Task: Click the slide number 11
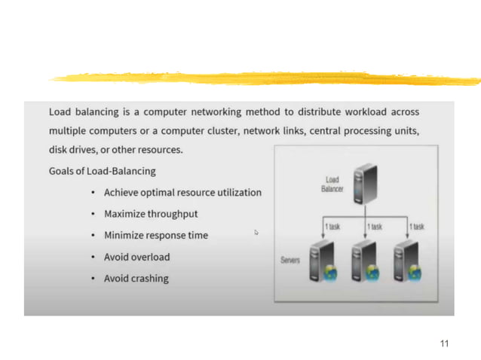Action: [444, 343]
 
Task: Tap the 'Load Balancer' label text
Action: [332, 185]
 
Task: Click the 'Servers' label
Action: [291, 260]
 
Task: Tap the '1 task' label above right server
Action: [416, 226]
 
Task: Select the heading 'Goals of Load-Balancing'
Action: [102, 171]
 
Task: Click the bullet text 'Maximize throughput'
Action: [151, 214]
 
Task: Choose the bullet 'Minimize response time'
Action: [156, 235]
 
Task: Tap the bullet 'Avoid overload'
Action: [137, 257]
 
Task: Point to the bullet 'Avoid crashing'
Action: [136, 279]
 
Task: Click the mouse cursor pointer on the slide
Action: [256, 233]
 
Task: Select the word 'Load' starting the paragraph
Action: [62, 112]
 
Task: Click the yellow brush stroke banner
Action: [264, 78]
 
